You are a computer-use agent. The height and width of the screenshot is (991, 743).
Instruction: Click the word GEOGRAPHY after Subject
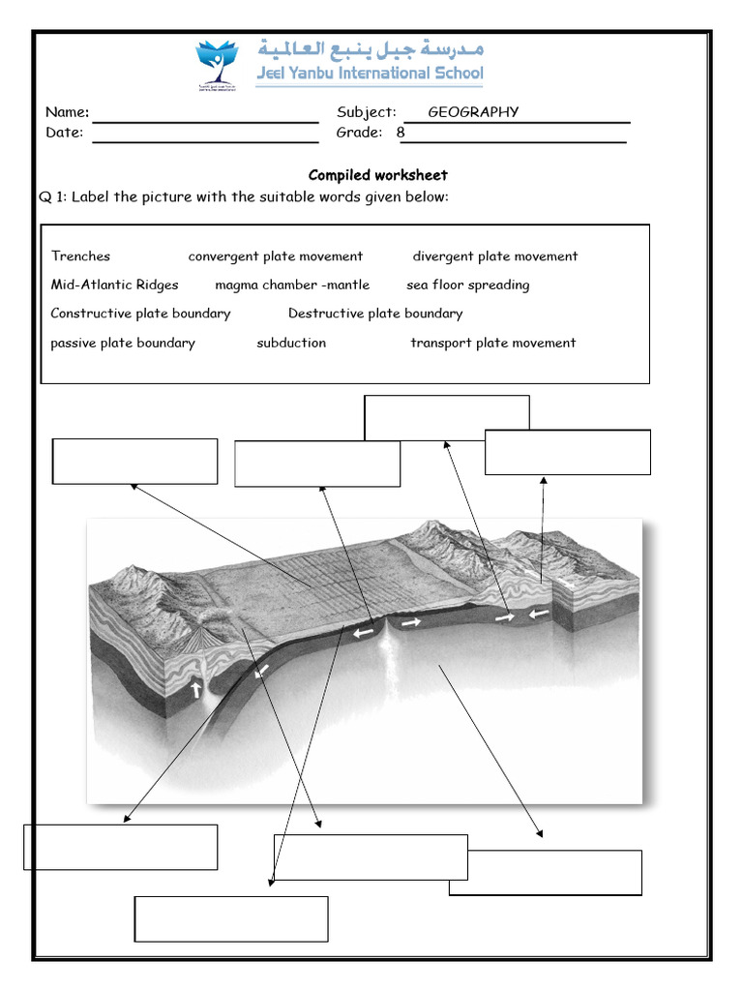pyautogui.click(x=473, y=112)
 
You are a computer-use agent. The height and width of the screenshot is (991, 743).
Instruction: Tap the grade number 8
pyautogui.click(x=401, y=133)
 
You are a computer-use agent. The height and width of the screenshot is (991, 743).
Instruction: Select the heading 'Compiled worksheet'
pyautogui.click(x=377, y=175)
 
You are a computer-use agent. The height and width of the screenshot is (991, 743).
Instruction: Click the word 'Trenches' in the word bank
pyautogui.click(x=80, y=256)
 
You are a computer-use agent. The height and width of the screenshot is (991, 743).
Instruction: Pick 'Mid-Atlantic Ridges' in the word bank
pyautogui.click(x=114, y=285)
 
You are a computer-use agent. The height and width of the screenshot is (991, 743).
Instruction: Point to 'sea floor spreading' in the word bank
pyautogui.click(x=467, y=285)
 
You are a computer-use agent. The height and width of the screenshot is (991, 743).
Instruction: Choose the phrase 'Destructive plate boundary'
pyautogui.click(x=375, y=314)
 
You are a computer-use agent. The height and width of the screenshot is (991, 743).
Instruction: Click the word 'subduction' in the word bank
pyautogui.click(x=291, y=343)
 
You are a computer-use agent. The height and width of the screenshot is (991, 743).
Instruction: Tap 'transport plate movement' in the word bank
pyautogui.click(x=492, y=343)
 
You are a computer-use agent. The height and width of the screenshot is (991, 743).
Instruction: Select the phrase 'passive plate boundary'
pyautogui.click(x=123, y=343)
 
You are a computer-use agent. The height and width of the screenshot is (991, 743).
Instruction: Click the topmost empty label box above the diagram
pyautogui.click(x=446, y=417)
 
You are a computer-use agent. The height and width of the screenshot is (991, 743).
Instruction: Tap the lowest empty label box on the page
pyautogui.click(x=231, y=918)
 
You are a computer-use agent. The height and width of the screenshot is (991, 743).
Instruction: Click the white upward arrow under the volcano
pyautogui.click(x=198, y=690)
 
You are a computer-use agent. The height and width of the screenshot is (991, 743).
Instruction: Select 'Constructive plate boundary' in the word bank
pyautogui.click(x=140, y=314)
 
